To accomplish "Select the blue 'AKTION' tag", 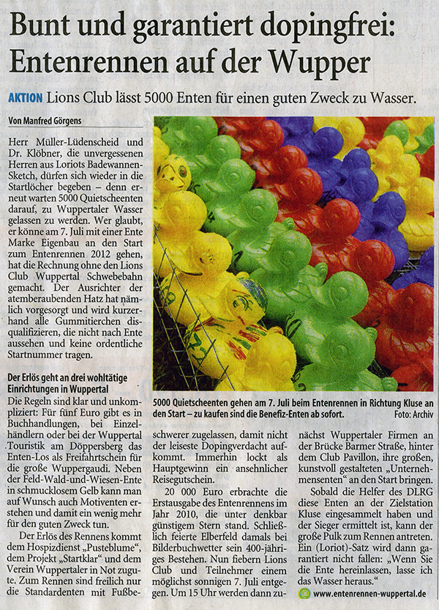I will pos(25,97).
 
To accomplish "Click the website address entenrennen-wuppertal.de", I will pos(370,593).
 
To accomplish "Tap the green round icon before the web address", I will pos(304,593).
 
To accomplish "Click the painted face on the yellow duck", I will pos(173,174).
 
